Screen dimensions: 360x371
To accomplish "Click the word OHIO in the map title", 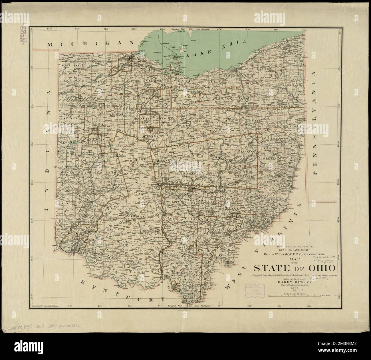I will pos(320,269).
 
